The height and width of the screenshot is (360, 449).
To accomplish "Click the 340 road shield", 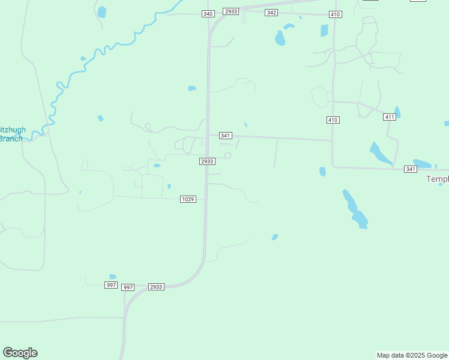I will (208, 13).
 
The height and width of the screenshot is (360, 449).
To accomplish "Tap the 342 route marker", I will (271, 13).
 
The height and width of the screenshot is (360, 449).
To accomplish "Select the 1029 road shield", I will (188, 199).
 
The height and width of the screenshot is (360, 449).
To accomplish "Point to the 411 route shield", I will (390, 117).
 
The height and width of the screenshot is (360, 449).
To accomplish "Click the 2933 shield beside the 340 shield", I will (231, 11).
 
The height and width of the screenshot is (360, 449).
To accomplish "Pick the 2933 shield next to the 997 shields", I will (156, 287).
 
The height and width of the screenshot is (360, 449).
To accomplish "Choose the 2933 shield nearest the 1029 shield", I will (207, 161).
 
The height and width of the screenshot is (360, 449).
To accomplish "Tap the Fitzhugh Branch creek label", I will (11, 134).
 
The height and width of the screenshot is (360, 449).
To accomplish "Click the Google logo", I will (20, 353).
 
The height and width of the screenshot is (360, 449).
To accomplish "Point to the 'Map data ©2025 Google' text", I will (412, 355).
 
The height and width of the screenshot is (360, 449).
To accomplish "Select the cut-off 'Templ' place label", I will (437, 179).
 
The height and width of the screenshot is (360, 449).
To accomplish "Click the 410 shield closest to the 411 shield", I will (333, 120).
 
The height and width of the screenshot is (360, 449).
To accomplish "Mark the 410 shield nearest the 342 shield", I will (335, 14).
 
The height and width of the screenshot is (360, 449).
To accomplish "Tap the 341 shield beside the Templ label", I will (411, 169).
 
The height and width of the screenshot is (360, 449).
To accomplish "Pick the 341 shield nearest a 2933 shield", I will (225, 136).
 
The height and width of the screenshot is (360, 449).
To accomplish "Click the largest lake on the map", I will (355, 210).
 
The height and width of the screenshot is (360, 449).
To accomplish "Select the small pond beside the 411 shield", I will (397, 112).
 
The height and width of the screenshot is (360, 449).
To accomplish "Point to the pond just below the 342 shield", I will (280, 38).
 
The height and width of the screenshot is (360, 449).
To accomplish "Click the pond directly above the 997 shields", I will (113, 277).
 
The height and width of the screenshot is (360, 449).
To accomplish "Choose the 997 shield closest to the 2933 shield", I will (128, 287).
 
